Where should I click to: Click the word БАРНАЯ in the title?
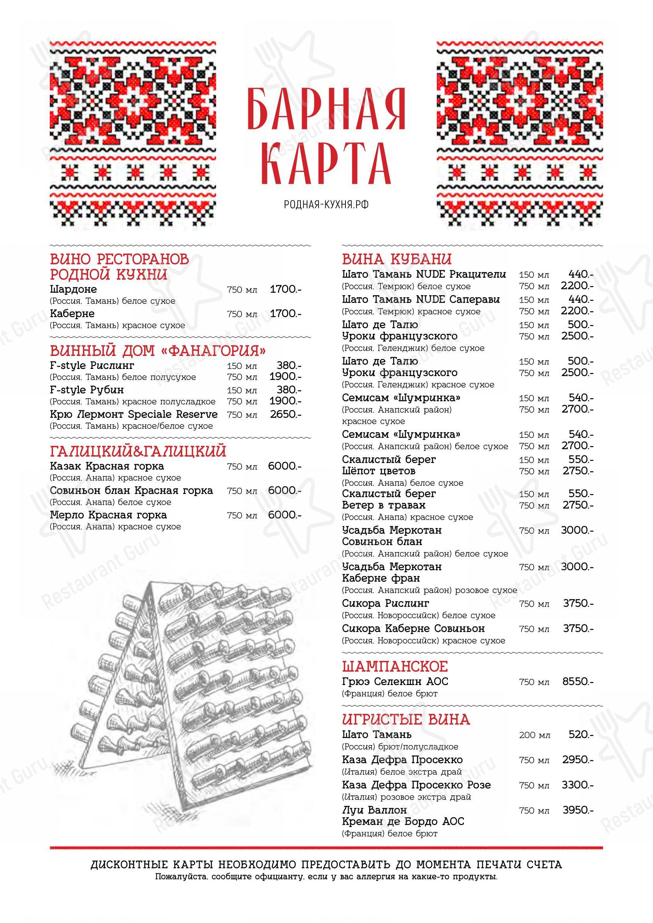point(326,110)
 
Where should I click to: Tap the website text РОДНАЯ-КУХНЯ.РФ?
point(326,205)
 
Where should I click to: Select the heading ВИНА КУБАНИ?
point(396,259)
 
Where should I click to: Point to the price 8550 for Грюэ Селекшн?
point(578,681)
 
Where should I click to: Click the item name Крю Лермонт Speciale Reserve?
point(133,414)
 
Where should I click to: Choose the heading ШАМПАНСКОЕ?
point(394,667)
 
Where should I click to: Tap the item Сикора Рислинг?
point(385,603)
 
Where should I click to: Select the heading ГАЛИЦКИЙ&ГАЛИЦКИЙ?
point(138,451)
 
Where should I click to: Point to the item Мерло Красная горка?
point(108,515)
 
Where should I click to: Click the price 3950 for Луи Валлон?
point(578,810)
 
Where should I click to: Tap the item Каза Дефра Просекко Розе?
point(416,785)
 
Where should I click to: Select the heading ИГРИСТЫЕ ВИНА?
point(406,719)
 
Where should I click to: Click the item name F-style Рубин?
point(87,390)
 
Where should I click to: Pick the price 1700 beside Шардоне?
point(285,289)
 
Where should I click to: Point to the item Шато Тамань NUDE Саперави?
point(420,300)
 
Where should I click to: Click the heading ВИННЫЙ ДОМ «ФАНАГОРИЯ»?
point(158,351)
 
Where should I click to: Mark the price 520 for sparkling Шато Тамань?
point(581,735)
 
